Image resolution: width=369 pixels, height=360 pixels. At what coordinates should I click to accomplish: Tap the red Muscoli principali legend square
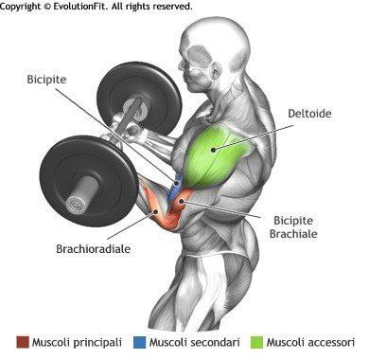(22, 341)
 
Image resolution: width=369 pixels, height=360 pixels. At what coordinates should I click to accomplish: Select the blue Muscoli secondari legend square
(140, 341)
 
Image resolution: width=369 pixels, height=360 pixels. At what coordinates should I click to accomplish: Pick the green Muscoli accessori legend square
(257, 341)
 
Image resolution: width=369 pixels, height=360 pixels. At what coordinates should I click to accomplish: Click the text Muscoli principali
(74, 341)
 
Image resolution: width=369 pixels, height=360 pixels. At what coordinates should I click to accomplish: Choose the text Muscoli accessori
(310, 341)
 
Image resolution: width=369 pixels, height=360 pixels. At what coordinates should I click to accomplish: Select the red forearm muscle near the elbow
(163, 213)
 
